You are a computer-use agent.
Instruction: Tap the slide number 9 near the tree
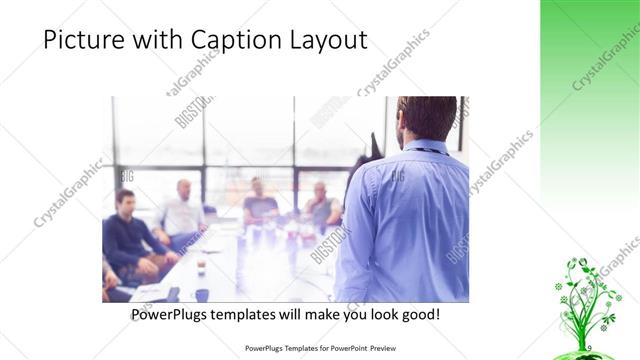tap(589, 346)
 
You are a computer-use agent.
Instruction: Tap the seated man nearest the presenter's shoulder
tap(321, 205)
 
